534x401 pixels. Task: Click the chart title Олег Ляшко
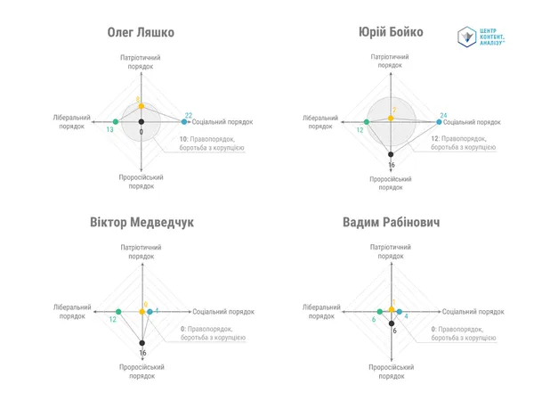[141, 32]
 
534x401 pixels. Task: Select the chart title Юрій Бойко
[391, 32]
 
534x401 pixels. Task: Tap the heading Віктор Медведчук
[142, 222]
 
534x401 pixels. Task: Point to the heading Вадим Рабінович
[391, 222]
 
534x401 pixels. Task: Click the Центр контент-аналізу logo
[481, 37]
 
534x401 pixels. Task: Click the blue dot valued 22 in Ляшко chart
[184, 122]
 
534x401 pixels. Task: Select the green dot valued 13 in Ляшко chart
[116, 122]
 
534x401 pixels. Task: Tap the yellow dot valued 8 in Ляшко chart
[142, 106]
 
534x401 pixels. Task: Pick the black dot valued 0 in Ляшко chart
[142, 122]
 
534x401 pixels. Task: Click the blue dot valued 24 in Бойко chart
[439, 122]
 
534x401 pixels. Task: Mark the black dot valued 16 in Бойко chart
[391, 154]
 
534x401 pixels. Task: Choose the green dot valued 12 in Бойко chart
[367, 122]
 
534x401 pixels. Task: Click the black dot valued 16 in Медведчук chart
[142, 343]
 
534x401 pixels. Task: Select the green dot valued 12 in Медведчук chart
[118, 312]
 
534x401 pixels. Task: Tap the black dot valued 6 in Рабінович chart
[392, 323]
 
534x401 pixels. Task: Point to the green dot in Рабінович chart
[380, 312]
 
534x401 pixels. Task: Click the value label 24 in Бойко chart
[443, 115]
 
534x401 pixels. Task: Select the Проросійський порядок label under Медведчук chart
[142, 372]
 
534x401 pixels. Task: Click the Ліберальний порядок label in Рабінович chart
[321, 312]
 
